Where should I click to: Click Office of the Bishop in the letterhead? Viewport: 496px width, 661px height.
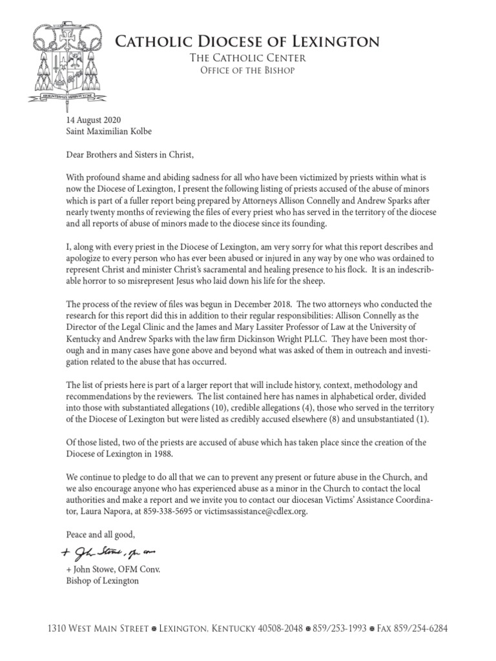[243, 71]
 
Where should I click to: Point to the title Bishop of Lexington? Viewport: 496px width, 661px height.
[103, 581]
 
